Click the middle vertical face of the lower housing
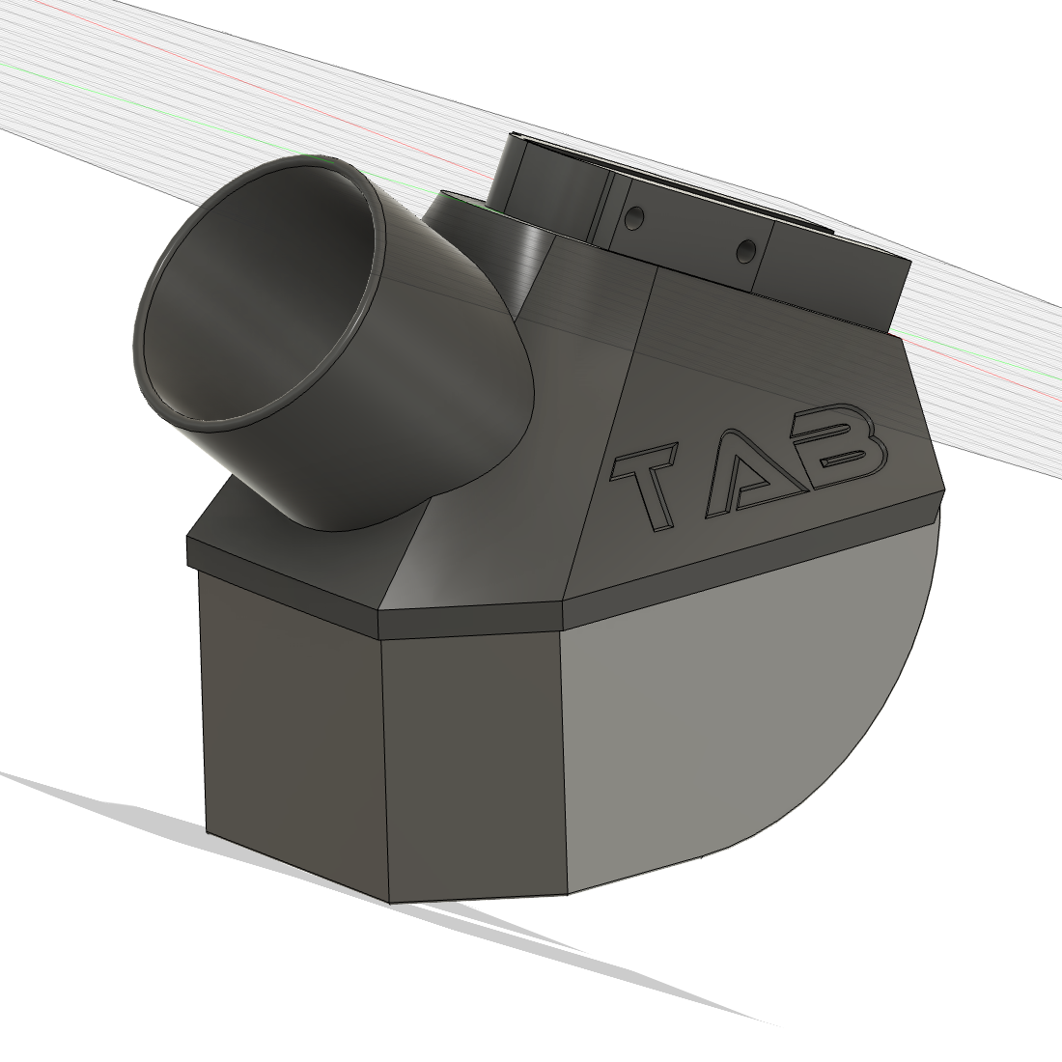(x=473, y=763)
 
